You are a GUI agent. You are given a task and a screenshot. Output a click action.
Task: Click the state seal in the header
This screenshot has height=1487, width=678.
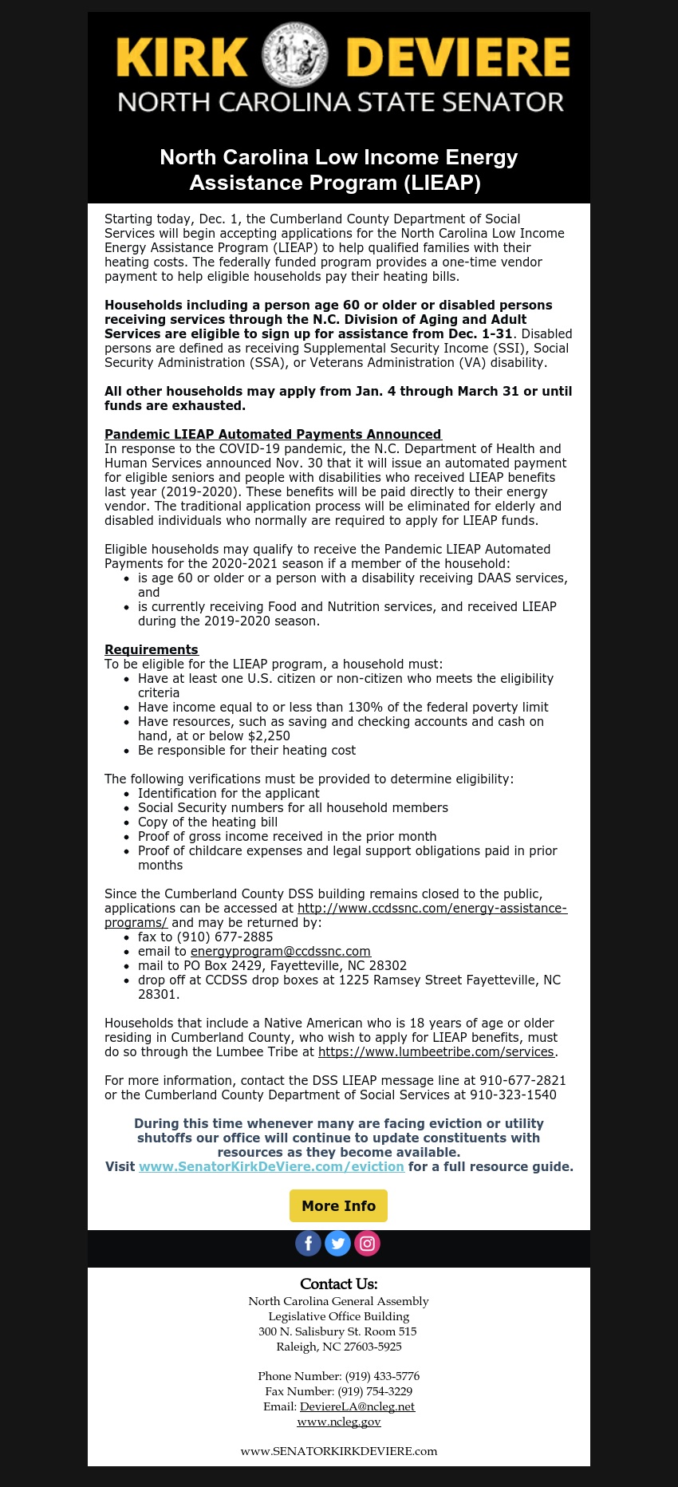pyautogui.click(x=296, y=54)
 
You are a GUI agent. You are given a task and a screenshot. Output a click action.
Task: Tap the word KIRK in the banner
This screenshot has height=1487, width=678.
pyautogui.click(x=182, y=57)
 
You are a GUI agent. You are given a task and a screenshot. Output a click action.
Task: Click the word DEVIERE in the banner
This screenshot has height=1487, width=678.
pyautogui.click(x=458, y=57)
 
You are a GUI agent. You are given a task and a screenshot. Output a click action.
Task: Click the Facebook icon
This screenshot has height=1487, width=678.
pyautogui.click(x=309, y=1243)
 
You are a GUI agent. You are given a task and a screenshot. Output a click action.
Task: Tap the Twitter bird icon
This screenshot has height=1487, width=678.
pyautogui.click(x=338, y=1243)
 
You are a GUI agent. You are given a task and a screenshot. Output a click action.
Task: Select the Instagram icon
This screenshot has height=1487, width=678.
pyautogui.click(x=367, y=1243)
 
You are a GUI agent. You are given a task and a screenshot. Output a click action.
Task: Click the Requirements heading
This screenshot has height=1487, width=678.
pyautogui.click(x=152, y=649)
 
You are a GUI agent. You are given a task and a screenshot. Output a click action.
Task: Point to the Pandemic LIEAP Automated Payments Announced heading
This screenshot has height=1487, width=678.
pyautogui.click(x=273, y=434)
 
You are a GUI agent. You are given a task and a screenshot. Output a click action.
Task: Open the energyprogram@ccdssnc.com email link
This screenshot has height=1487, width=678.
pyautogui.click(x=281, y=951)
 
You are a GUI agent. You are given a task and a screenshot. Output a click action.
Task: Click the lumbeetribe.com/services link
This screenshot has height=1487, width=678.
pyautogui.click(x=436, y=1051)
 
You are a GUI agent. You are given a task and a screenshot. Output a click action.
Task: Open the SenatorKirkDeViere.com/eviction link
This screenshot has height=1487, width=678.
pyautogui.click(x=271, y=1166)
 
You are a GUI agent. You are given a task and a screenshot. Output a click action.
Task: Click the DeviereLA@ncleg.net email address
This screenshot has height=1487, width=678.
pyautogui.click(x=357, y=1406)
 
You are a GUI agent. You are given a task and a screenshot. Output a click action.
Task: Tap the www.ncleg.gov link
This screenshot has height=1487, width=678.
pyautogui.click(x=339, y=1422)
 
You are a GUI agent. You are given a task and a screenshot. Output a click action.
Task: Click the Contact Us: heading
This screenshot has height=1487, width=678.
pyautogui.click(x=339, y=1284)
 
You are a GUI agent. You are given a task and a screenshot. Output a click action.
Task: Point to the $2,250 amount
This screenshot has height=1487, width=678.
pyautogui.click(x=269, y=736)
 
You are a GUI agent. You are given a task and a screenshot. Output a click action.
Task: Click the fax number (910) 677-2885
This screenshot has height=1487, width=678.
pyautogui.click(x=225, y=937)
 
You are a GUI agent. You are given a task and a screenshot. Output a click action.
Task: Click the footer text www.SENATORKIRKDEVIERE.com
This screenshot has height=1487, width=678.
pyautogui.click(x=339, y=1451)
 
